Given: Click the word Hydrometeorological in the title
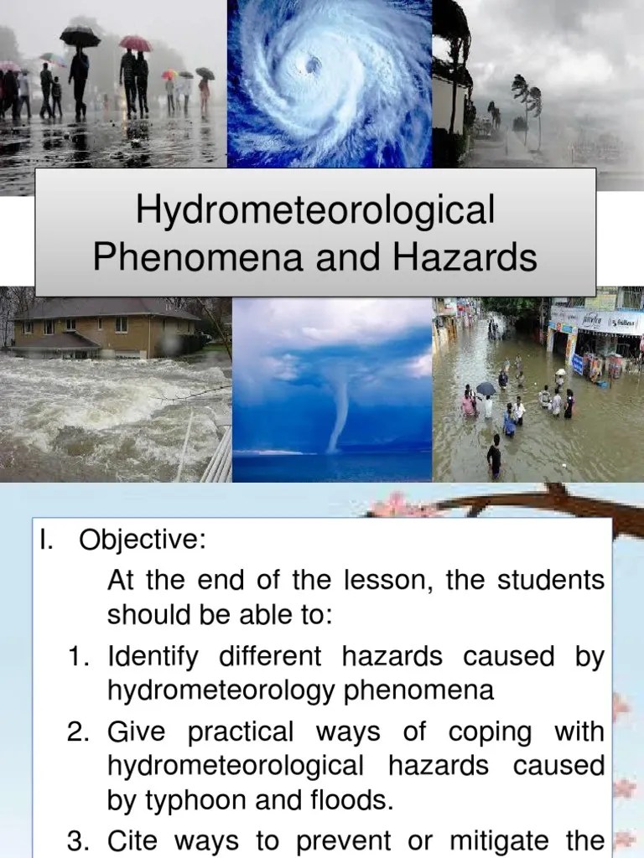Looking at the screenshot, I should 314,210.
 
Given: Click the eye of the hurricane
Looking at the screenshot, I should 313,64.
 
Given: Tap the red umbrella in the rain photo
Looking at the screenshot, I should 134,43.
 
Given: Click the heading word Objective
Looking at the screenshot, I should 141,540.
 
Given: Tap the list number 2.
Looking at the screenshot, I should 80,732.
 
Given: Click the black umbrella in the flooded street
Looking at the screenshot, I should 486,388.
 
